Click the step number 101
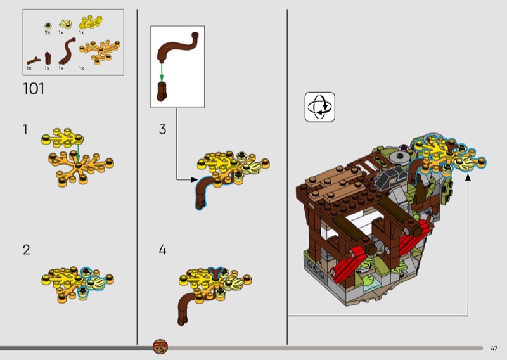pyautogui.click(x=34, y=89)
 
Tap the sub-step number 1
pyautogui.click(x=25, y=129)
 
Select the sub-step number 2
pyautogui.click(x=26, y=250)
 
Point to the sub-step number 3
pyautogui.click(x=163, y=129)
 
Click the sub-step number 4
pyautogui.click(x=162, y=250)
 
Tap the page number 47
pyautogui.click(x=494, y=349)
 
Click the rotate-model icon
pyautogui.click(x=320, y=107)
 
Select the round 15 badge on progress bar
pyautogui.click(x=160, y=347)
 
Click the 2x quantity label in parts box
pyautogui.click(x=48, y=33)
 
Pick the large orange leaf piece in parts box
pyautogui.click(x=99, y=51)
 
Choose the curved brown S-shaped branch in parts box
pyautogui.click(x=67, y=51)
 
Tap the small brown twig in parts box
pyautogui.click(x=34, y=60)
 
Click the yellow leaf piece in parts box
pyautogui.click(x=91, y=22)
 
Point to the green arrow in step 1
pyautogui.click(x=78, y=152)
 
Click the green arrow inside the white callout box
pyautogui.click(x=162, y=72)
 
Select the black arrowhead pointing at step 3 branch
pyautogui.click(x=194, y=179)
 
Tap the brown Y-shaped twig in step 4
pyautogui.click(x=215, y=273)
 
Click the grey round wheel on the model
pyautogui.click(x=401, y=158)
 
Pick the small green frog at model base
pyautogui.click(x=369, y=278)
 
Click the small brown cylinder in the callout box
pyautogui.click(x=162, y=91)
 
